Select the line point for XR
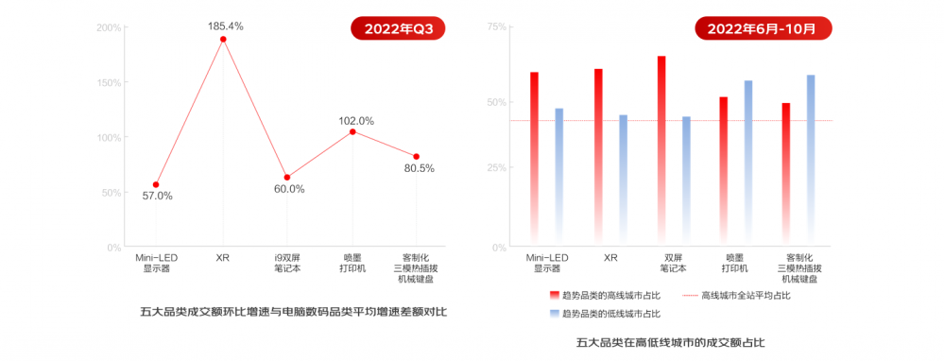click(223, 39)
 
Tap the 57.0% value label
click(157, 196)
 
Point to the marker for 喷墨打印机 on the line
click(352, 131)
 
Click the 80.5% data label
click(419, 168)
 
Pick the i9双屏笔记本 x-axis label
click(287, 263)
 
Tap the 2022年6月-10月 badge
click(763, 28)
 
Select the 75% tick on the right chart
click(497, 27)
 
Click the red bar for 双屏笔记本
click(661, 151)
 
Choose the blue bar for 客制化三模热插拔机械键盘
click(811, 161)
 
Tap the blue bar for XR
click(623, 180)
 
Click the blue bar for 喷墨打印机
click(748, 163)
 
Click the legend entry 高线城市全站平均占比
click(736, 296)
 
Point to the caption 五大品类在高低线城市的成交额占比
click(670, 343)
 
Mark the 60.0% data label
click(289, 189)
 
